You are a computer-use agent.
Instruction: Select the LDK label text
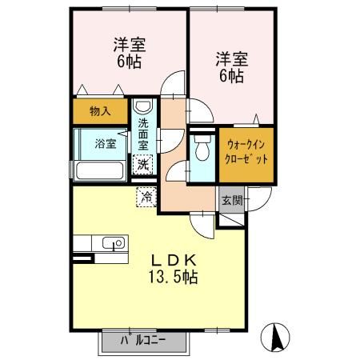point(170,261)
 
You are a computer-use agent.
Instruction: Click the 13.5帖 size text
point(173,278)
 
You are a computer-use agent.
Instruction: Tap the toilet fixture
point(202,147)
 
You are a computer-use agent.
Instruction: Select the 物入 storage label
point(100,111)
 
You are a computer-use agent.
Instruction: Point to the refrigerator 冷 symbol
point(146,194)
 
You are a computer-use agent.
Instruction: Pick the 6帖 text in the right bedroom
point(230,77)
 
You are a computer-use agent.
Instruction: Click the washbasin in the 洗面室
point(142,108)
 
